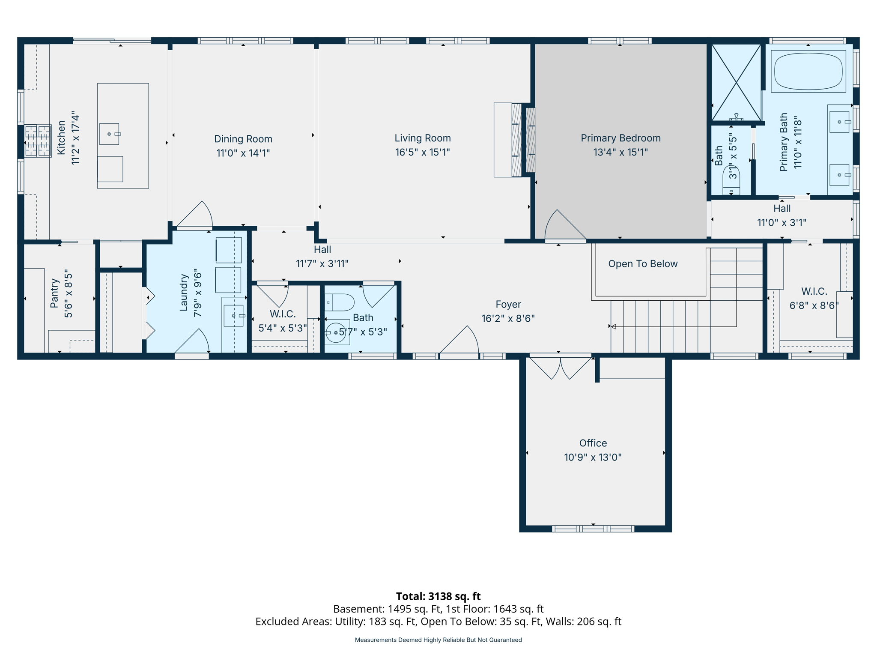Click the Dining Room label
(243, 139)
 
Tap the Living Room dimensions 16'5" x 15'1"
(422, 153)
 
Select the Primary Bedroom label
(620, 138)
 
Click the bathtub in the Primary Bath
(808, 71)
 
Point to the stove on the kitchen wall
(37, 141)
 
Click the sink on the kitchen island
(110, 134)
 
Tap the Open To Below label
(642, 264)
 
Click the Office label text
(593, 443)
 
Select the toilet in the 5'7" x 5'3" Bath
(340, 302)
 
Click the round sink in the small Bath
(336, 332)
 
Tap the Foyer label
(508, 304)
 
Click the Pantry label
(54, 293)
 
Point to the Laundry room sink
(233, 316)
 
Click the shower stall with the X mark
(736, 82)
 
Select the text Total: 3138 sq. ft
(438, 596)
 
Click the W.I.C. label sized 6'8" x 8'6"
(814, 291)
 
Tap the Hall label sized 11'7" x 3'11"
(322, 249)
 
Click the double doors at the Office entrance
(560, 368)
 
